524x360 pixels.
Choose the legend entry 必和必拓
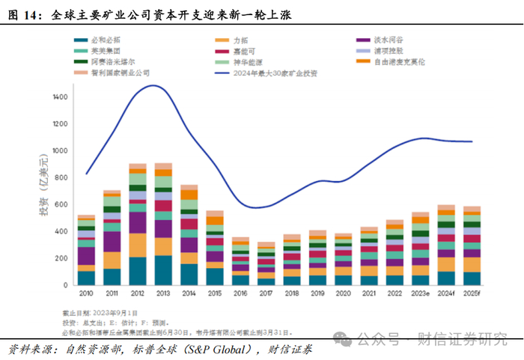(x=105, y=40)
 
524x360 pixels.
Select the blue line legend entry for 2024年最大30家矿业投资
(x=274, y=73)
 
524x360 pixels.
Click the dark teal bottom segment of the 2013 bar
(x=163, y=270)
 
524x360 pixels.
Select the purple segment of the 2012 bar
(x=138, y=222)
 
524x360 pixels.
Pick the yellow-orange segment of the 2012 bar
(x=138, y=245)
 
